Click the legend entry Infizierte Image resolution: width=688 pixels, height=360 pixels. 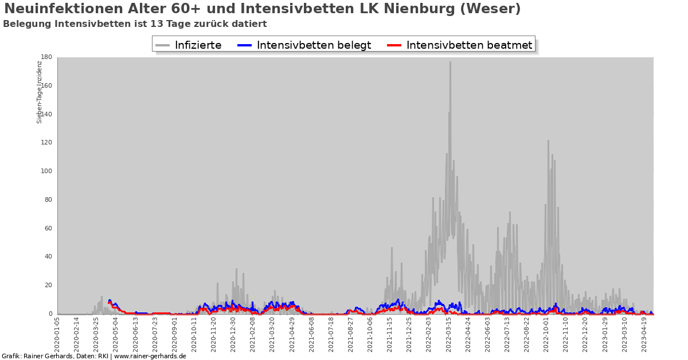click(x=198, y=45)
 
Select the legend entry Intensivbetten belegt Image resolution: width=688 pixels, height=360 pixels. click(x=314, y=45)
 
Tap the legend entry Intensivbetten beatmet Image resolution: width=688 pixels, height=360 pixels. click(x=469, y=45)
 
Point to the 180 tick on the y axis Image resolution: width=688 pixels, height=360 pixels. click(x=46, y=57)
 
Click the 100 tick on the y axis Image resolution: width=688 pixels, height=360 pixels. click(x=46, y=171)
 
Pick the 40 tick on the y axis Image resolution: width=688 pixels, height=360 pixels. click(x=48, y=257)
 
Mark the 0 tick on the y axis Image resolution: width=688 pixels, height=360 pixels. click(x=50, y=314)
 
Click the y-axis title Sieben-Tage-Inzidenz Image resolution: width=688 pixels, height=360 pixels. click(x=40, y=92)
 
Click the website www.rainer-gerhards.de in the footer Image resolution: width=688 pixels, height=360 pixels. click(x=150, y=356)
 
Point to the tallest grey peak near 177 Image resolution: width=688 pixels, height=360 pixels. click(x=450, y=62)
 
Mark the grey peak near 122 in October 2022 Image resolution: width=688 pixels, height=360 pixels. click(x=548, y=141)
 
